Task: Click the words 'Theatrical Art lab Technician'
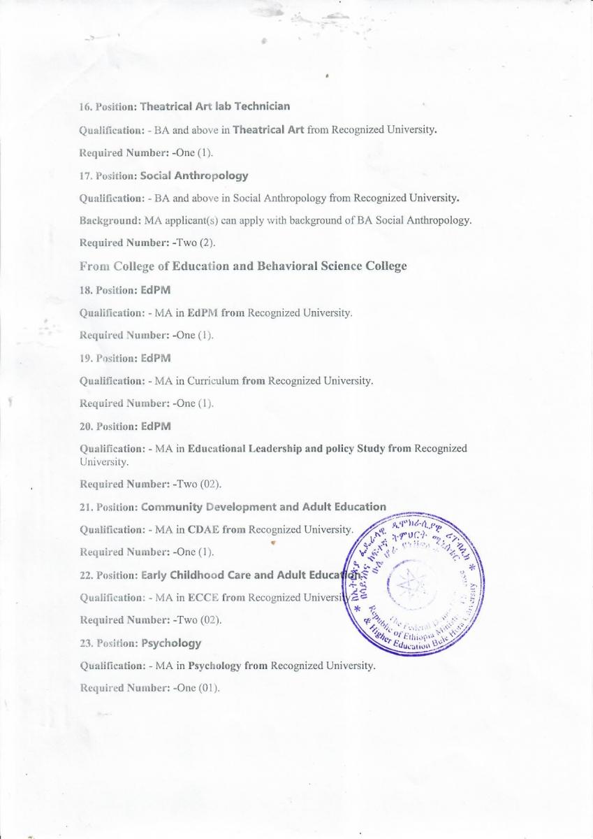pos(214,106)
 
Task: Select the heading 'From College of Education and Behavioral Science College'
pos(243,266)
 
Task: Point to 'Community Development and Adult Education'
pos(263,507)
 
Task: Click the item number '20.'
pos(86,426)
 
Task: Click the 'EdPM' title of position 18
pos(155,289)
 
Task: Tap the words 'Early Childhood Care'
pos(194,575)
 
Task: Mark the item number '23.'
pos(86,643)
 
